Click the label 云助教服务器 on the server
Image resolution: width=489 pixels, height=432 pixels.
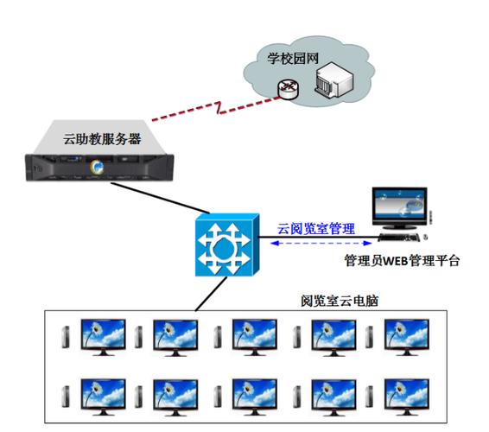click(x=102, y=138)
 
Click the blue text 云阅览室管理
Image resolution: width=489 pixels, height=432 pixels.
click(x=315, y=229)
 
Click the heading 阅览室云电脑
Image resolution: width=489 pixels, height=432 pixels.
click(x=340, y=302)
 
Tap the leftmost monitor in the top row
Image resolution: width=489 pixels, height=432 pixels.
click(x=102, y=334)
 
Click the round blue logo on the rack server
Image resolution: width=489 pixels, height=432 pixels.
click(x=98, y=167)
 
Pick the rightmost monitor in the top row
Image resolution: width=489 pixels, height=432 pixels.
click(x=407, y=334)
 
